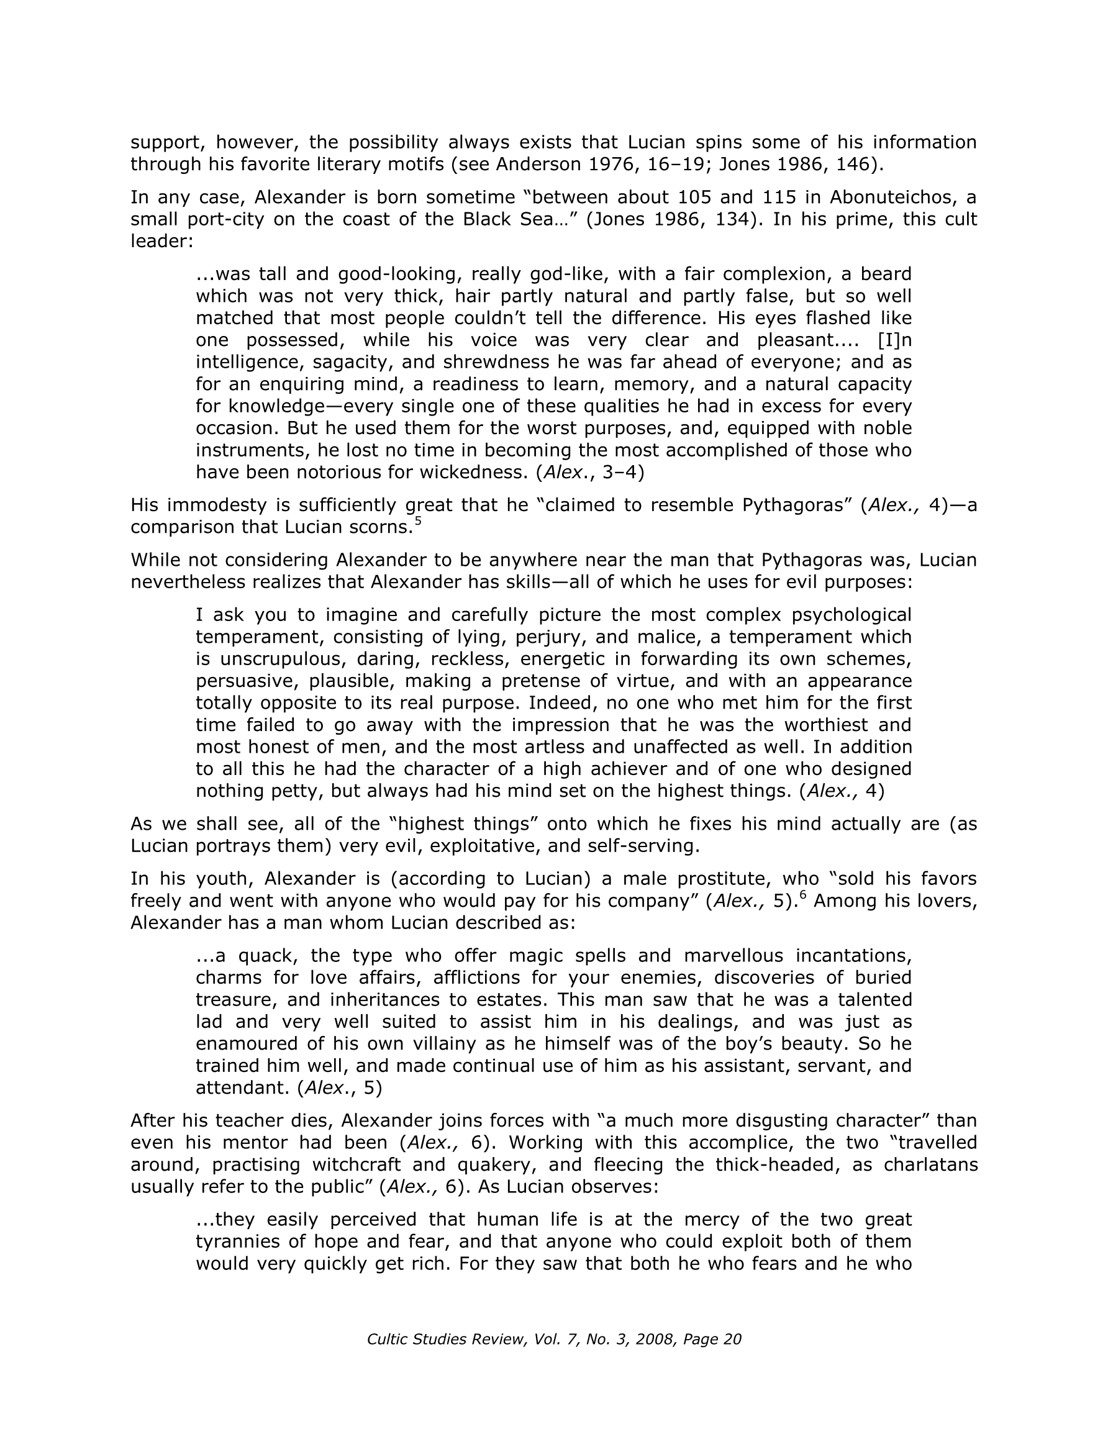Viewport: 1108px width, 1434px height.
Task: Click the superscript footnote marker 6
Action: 802,896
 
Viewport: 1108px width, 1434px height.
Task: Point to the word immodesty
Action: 212,505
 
